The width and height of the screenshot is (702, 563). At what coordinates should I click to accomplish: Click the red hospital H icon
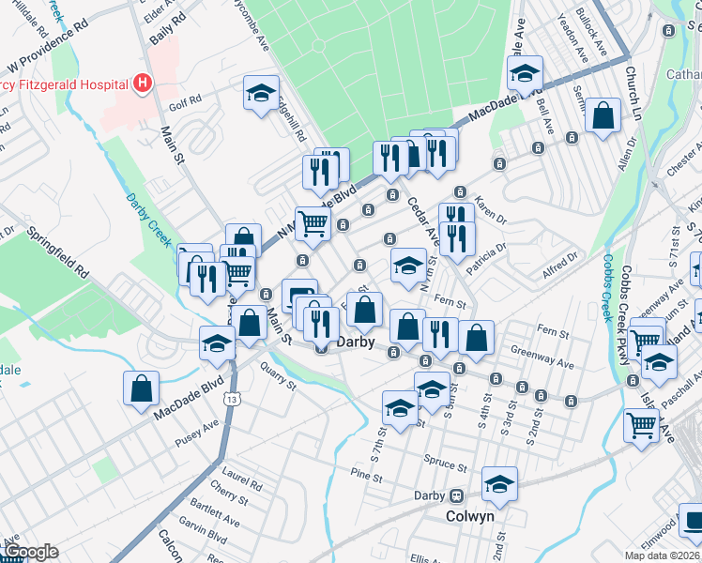click(x=142, y=84)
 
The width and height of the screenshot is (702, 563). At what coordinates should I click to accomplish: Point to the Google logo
click(x=31, y=552)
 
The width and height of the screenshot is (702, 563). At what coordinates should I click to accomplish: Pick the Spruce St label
click(x=447, y=465)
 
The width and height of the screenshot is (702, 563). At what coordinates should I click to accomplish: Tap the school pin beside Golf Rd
click(x=260, y=93)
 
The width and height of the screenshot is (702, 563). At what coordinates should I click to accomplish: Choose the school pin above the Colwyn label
click(x=499, y=484)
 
